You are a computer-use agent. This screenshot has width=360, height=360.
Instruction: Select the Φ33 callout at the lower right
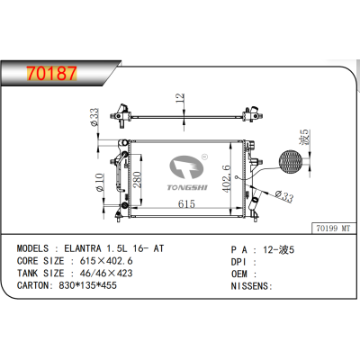click(x=283, y=197)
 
